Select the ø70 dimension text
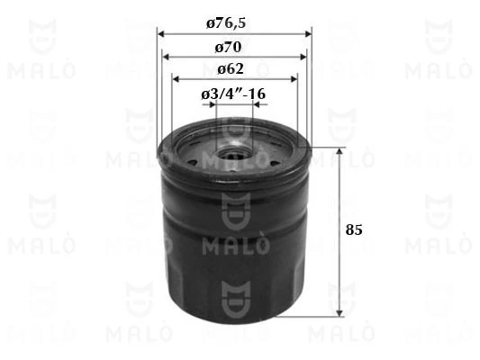pyautogui.click(x=233, y=45)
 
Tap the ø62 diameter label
pyautogui.click(x=232, y=68)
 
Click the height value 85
pyautogui.click(x=354, y=230)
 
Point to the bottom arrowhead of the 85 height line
pyautogui.click(x=340, y=314)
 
